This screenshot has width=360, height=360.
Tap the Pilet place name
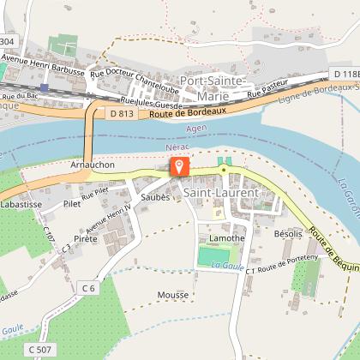[x=72, y=204]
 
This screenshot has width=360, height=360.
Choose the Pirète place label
[x=86, y=239]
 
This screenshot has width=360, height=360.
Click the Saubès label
[x=156, y=196]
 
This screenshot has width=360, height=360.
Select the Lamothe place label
[x=227, y=237]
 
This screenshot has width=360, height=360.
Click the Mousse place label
[x=172, y=294]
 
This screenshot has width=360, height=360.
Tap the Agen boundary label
[x=196, y=129]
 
